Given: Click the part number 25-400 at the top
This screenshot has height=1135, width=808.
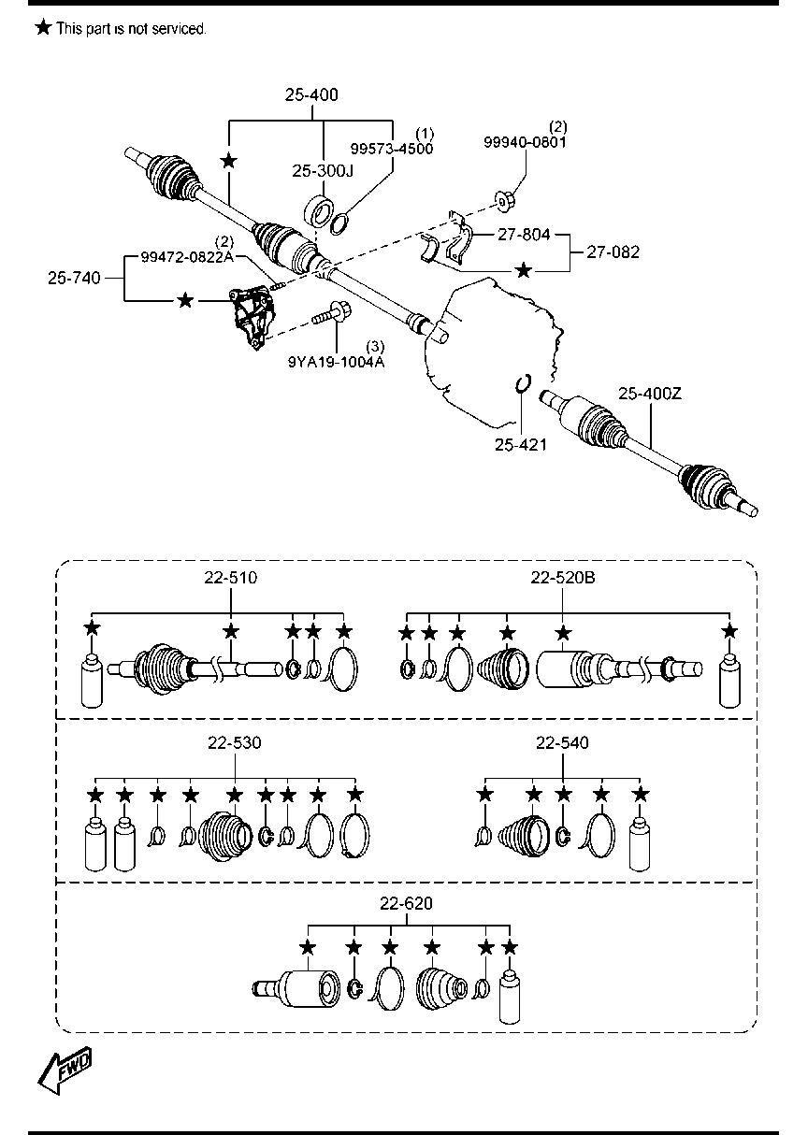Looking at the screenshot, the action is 311,94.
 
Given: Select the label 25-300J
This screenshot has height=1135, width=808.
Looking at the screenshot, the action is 323,171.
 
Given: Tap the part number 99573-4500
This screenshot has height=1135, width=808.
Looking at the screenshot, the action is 392,149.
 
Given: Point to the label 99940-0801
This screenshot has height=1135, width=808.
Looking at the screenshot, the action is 525,142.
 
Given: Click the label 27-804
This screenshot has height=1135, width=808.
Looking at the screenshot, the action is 524,234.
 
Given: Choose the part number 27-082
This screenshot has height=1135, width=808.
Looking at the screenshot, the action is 613,251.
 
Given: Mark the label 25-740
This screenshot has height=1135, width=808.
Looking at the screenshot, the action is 74,278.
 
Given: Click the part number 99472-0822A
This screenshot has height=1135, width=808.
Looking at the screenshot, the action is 187,257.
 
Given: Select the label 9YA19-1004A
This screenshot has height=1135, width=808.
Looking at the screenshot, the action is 336,362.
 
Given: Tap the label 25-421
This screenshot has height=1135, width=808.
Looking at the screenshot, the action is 521,444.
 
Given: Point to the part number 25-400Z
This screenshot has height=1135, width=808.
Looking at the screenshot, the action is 650,394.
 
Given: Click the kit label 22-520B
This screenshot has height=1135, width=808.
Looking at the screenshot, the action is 563,577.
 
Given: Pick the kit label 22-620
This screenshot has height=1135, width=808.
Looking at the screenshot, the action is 406,903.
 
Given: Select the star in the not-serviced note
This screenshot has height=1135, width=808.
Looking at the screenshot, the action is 44,27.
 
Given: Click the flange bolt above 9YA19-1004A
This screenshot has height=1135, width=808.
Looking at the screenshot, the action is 331,313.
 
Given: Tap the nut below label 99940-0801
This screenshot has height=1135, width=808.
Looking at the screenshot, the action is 504,202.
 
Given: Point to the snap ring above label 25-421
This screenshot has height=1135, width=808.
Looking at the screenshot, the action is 523,383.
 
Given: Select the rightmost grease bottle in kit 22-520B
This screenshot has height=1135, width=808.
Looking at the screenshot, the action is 729,681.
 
